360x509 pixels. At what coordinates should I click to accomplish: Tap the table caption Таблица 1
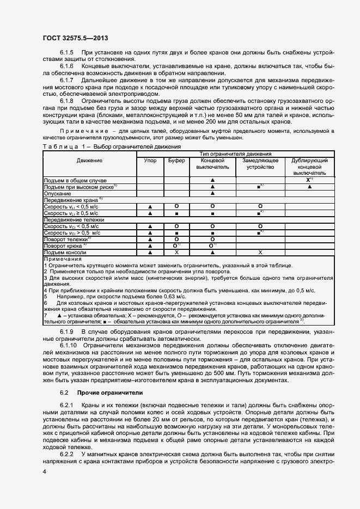[x=60, y=147]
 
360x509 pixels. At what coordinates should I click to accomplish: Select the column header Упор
[x=150, y=161]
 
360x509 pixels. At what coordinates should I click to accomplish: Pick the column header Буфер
[x=176, y=161]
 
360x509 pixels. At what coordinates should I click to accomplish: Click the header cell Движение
[x=89, y=161]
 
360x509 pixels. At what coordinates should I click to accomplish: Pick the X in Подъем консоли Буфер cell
[x=176, y=252]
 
